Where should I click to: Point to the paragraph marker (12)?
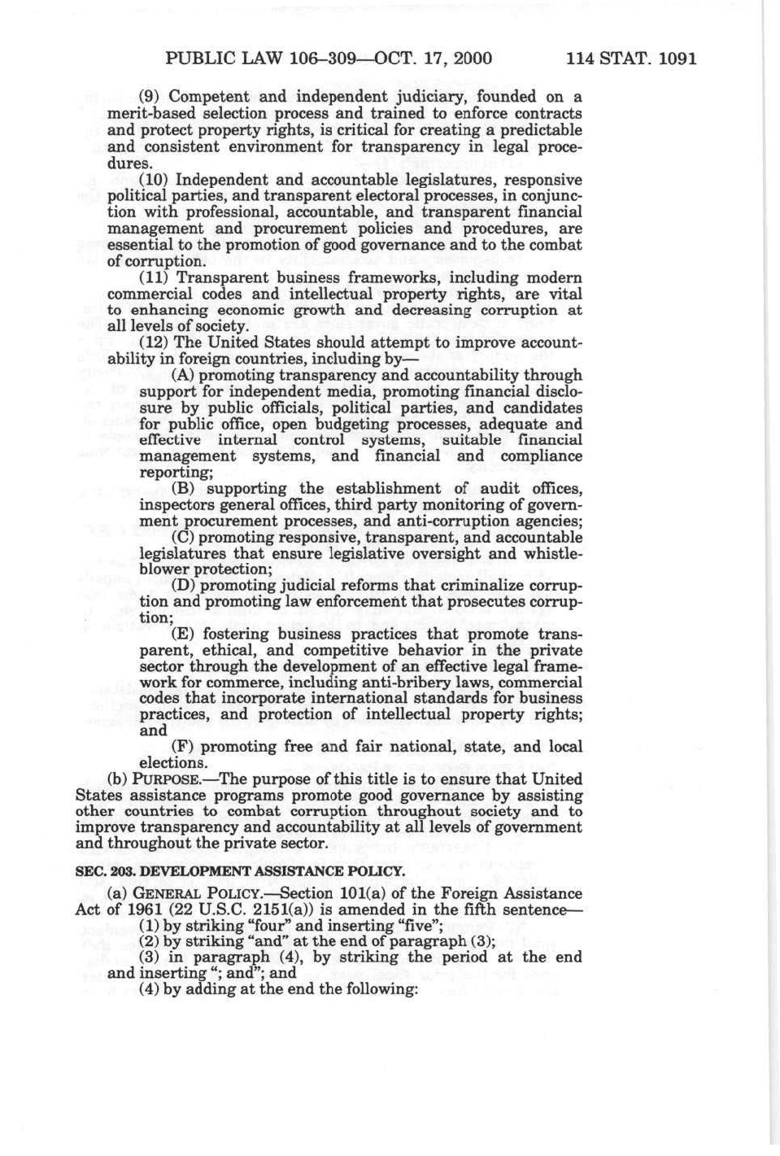click(155, 343)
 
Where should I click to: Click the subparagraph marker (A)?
click(183, 376)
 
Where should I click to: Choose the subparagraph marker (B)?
click(183, 489)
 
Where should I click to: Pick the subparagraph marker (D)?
click(184, 586)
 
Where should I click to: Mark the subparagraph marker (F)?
click(183, 747)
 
